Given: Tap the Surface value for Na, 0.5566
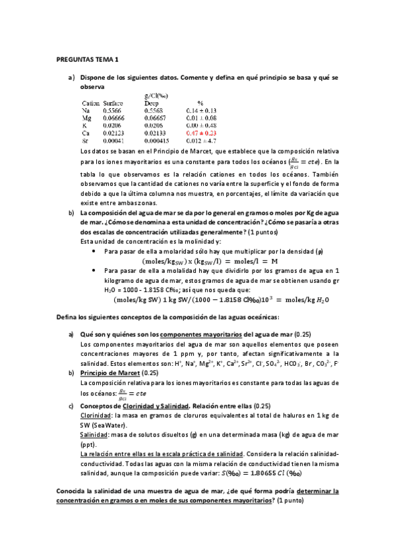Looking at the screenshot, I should point(113,111).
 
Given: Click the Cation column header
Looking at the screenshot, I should point(90,103).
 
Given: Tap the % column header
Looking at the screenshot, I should point(200,103).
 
